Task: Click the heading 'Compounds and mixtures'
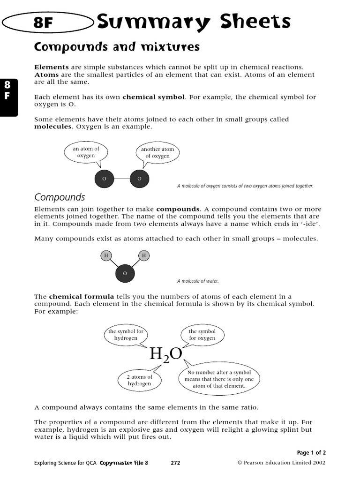tap(110, 47)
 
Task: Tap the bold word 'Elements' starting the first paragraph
tap(52, 67)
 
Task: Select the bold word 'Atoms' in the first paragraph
tap(46, 75)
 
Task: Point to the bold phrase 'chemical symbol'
tap(154, 97)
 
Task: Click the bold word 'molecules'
tap(53, 127)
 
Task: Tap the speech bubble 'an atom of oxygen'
tap(86, 152)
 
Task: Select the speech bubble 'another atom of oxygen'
tap(157, 153)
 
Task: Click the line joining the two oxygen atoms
tap(122, 179)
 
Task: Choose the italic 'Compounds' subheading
tap(60, 197)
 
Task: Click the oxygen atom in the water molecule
tap(125, 273)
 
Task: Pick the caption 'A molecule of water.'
tap(198, 281)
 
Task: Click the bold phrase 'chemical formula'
tap(82, 297)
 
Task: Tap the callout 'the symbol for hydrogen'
tap(126, 335)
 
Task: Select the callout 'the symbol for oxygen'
tap(202, 335)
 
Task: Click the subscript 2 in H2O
tap(165, 360)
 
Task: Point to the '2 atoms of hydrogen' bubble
tap(140, 380)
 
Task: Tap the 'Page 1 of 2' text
tap(311, 453)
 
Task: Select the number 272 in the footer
tap(175, 463)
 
